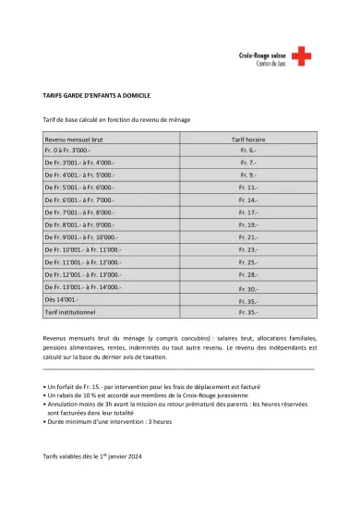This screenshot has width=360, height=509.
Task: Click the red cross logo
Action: tap(302, 56)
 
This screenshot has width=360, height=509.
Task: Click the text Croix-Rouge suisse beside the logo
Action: tap(268, 54)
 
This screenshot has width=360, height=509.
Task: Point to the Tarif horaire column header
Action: tap(246, 136)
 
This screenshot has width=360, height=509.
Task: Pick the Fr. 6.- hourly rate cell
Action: tap(246, 149)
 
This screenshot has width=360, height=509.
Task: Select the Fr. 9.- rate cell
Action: tap(246, 174)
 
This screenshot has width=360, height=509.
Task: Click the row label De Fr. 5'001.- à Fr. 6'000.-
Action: tap(78, 187)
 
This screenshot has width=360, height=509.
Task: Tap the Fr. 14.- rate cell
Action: tap(246, 200)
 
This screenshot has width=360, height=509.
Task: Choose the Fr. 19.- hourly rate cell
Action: tap(246, 224)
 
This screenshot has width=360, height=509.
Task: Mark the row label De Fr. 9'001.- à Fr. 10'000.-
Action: tap(80, 237)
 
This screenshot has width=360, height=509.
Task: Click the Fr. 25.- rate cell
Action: tap(246, 262)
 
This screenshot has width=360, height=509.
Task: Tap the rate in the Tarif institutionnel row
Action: tap(246, 313)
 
